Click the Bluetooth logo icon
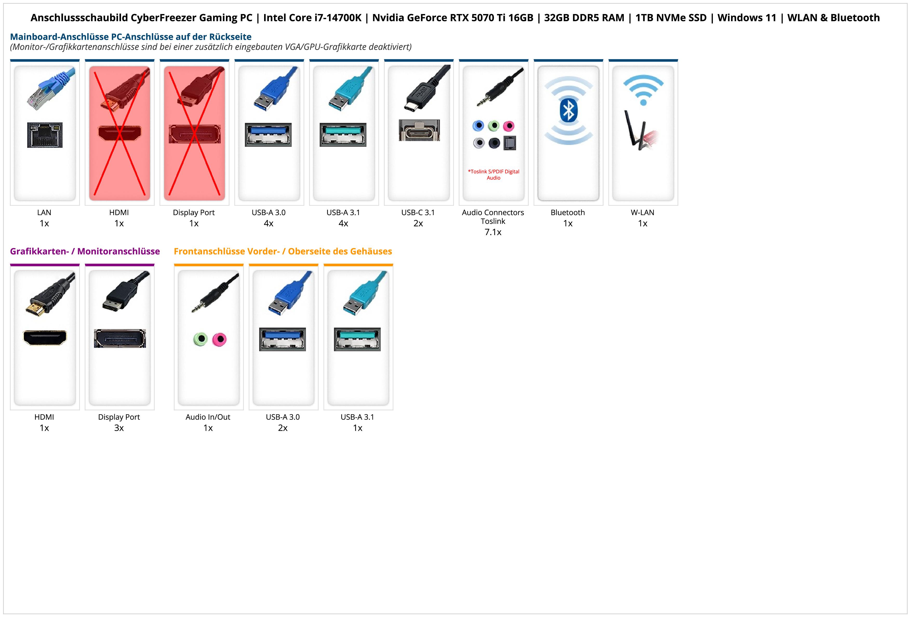tap(568, 110)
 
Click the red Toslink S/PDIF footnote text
tap(493, 175)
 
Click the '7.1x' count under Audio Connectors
tap(493, 232)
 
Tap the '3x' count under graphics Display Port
tap(119, 428)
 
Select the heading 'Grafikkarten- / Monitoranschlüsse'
tap(85, 251)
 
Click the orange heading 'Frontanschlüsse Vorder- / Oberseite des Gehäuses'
tap(283, 251)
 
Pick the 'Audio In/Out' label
tap(208, 417)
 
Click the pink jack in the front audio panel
tap(219, 340)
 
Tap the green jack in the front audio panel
tap(201, 339)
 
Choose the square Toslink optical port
tap(510, 143)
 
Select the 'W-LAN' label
tap(642, 212)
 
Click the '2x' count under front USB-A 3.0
tap(283, 428)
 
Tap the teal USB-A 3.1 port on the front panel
tap(357, 339)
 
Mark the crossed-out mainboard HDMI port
tap(119, 133)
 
